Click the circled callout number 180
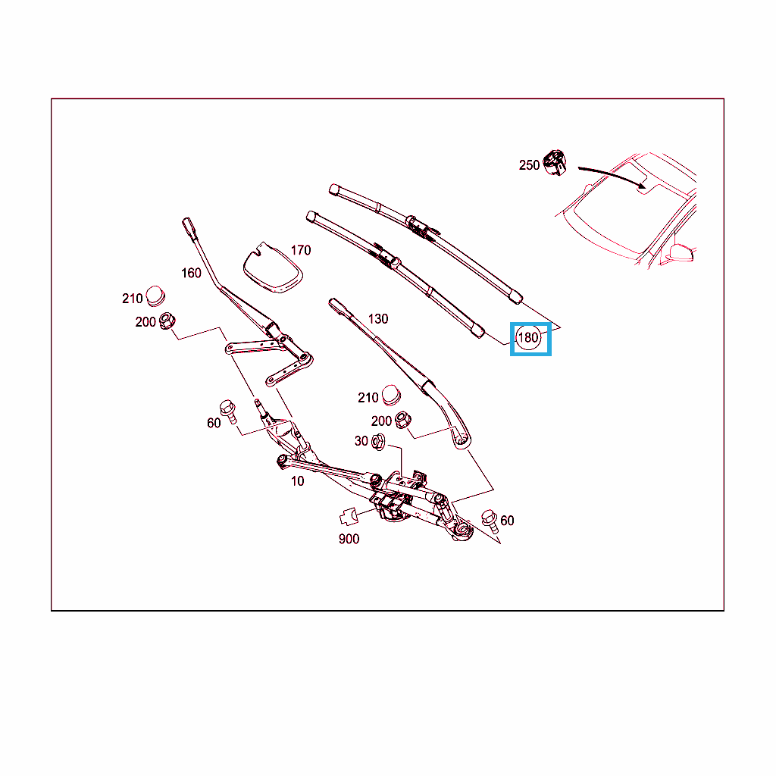pos(528,337)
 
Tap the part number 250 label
pos(529,165)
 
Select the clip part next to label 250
pos(555,162)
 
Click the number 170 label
pos(301,250)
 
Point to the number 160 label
pos(191,273)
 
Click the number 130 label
pos(378,319)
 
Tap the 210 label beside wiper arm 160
pos(132,299)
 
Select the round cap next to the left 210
pos(155,296)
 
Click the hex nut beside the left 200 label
pos(167,321)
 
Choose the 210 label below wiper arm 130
pos(368,397)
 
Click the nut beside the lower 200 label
pos(403,420)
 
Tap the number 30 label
pos(361,441)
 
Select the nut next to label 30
pos(378,442)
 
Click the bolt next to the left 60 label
pos(228,411)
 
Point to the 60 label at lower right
pos(507,521)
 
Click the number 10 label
pos(297,481)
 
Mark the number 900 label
pos(349,539)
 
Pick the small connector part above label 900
pos(349,517)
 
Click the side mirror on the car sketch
pos(681,252)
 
